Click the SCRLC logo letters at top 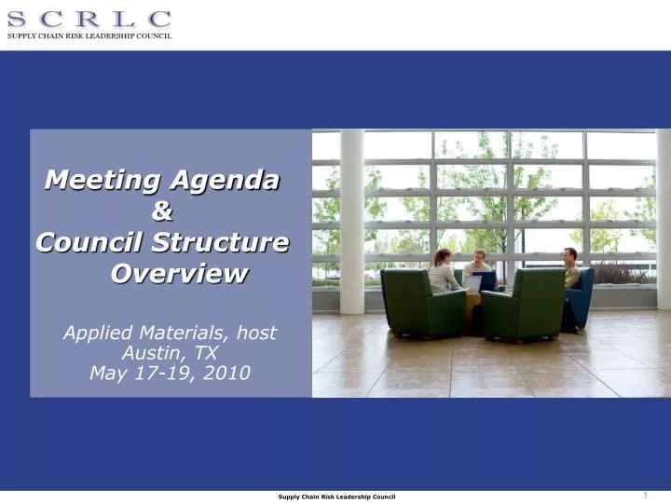89,18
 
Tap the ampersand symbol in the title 162,211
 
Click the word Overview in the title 180,274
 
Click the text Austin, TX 170,353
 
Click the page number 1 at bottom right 645,495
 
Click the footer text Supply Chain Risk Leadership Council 336,496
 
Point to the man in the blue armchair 570,279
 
